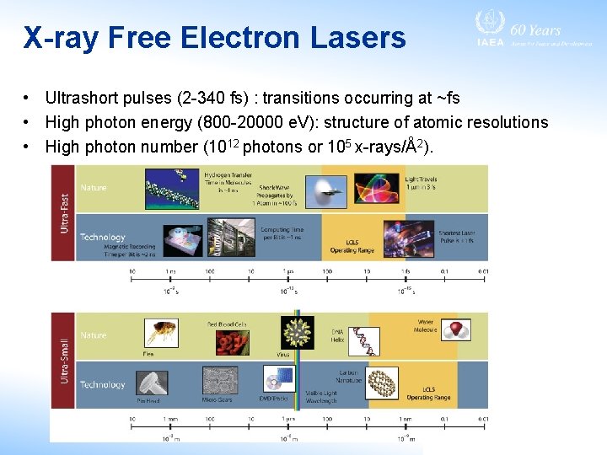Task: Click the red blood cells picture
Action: [x=226, y=343]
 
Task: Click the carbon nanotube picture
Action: [x=380, y=383]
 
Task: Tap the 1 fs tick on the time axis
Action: [x=406, y=271]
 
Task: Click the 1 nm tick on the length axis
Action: [x=406, y=419]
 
